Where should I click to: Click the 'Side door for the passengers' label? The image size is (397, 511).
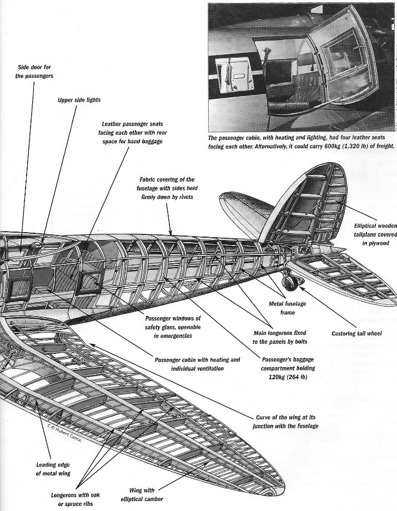[x=34, y=71]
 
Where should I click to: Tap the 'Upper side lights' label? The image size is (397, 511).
[x=79, y=101]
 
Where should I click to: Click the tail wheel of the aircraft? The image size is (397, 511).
[x=290, y=283]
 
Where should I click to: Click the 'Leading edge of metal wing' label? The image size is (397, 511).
[x=53, y=469]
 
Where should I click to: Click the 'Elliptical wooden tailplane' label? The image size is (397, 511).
[x=375, y=234]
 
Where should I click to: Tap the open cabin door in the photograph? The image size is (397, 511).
[x=340, y=61]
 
